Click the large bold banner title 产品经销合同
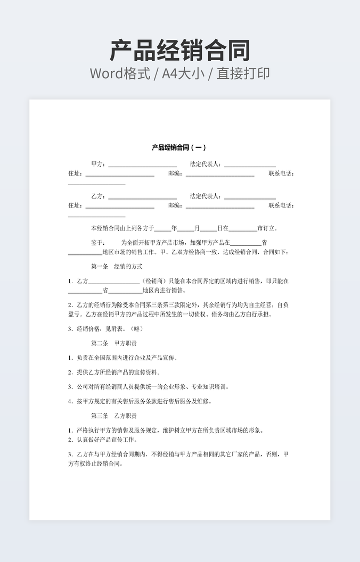coord(180,51)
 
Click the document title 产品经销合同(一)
coord(178,147)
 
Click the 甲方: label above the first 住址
coord(99,164)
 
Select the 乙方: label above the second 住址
coord(99,196)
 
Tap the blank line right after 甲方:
coord(142,166)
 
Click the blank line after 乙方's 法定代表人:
coord(250,197)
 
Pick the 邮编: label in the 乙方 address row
coord(175,205)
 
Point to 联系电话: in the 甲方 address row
coord(281,173)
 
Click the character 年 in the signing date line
coord(174,228)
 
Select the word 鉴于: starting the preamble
coord(98,243)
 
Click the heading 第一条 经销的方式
coord(117,266)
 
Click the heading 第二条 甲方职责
coord(113,343)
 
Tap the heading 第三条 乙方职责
coord(113,416)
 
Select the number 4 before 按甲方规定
coord(70,401)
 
